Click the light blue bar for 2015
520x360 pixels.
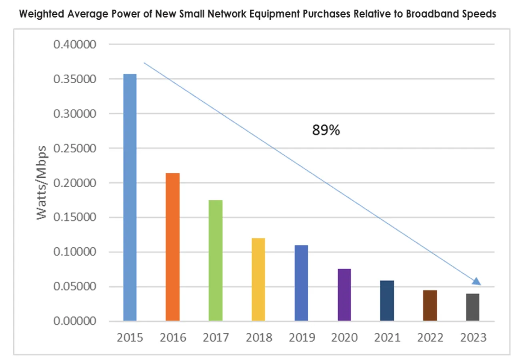tap(130, 198)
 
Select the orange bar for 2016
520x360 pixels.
tap(173, 247)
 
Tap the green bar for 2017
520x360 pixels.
tap(216, 260)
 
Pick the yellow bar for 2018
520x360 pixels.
tap(258, 280)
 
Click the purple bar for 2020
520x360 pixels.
tap(344, 295)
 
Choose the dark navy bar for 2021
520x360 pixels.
tap(387, 301)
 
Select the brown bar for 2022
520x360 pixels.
tap(430, 306)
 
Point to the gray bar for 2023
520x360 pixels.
tap(473, 307)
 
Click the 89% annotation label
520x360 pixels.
tap(326, 130)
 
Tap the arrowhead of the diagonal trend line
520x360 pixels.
tap(476, 282)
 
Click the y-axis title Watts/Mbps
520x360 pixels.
tap(43, 182)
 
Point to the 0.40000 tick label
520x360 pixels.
tap(75, 45)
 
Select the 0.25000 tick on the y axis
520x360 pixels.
tap(75, 149)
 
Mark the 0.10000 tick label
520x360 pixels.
tap(75, 252)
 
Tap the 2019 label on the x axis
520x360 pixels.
tap(301, 338)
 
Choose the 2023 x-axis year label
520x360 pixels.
tap(473, 338)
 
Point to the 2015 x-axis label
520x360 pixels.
tap(130, 338)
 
